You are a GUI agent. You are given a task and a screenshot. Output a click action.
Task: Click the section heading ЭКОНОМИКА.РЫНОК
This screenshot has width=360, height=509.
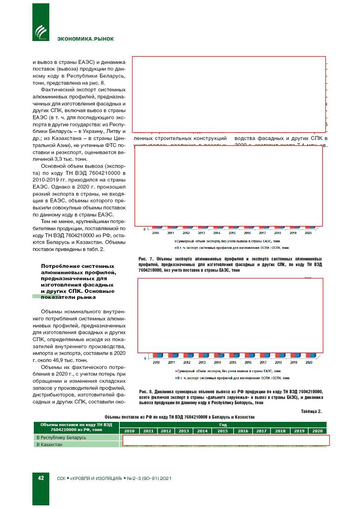[85, 39]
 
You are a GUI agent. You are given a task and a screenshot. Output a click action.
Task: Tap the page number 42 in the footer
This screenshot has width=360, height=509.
[41, 478]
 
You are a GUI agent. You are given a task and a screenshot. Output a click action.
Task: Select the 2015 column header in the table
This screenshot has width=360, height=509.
[223, 431]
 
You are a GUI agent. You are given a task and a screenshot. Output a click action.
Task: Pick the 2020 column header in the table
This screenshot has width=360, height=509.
[317, 431]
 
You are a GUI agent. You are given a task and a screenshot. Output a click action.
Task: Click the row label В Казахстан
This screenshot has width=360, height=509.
[49, 444]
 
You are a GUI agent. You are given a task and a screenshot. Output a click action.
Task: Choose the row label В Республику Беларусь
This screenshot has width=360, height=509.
[61, 437]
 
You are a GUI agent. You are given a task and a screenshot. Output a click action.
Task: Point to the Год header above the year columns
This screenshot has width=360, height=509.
[223, 425]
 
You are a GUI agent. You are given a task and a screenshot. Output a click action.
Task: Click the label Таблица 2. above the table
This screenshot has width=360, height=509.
[311, 411]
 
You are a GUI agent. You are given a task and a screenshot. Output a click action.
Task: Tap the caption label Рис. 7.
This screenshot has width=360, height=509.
[145, 259]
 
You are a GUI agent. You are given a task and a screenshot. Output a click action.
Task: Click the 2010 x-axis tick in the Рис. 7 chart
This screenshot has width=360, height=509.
[156, 233]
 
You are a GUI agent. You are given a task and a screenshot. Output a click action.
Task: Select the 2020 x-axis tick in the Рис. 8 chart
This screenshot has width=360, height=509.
[309, 362]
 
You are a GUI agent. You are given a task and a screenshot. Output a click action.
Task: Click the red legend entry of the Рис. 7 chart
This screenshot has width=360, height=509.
[228, 241]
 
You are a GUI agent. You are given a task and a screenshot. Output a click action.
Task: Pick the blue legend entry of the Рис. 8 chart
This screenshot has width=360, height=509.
[233, 378]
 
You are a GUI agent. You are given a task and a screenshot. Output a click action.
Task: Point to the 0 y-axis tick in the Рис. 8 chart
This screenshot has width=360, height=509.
[145, 358]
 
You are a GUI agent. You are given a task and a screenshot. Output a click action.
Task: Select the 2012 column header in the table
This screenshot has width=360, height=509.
[166, 431]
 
